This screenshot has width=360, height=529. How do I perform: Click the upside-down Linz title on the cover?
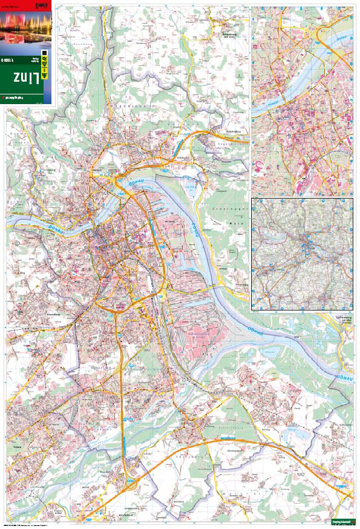(25, 77)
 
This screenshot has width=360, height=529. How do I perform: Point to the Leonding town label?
(54, 315)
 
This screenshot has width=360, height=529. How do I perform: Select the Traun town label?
(16, 449)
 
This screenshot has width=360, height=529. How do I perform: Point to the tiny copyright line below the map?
(36, 524)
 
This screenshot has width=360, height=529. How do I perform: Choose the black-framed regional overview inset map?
(302, 254)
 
